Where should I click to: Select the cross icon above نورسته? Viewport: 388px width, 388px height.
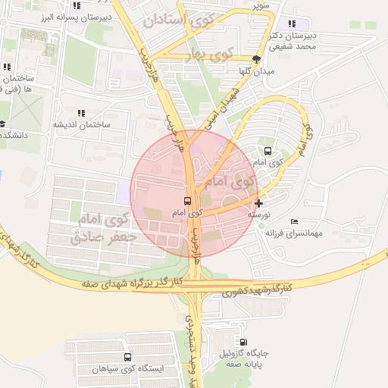(260, 203)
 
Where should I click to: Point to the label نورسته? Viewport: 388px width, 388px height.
(260, 215)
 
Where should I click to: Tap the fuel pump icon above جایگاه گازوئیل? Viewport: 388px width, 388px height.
(242, 340)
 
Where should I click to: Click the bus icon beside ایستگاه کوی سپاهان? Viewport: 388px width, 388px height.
(127, 357)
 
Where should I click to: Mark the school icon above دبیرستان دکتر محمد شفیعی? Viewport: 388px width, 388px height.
(292, 24)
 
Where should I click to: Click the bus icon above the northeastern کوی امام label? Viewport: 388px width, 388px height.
(267, 150)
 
